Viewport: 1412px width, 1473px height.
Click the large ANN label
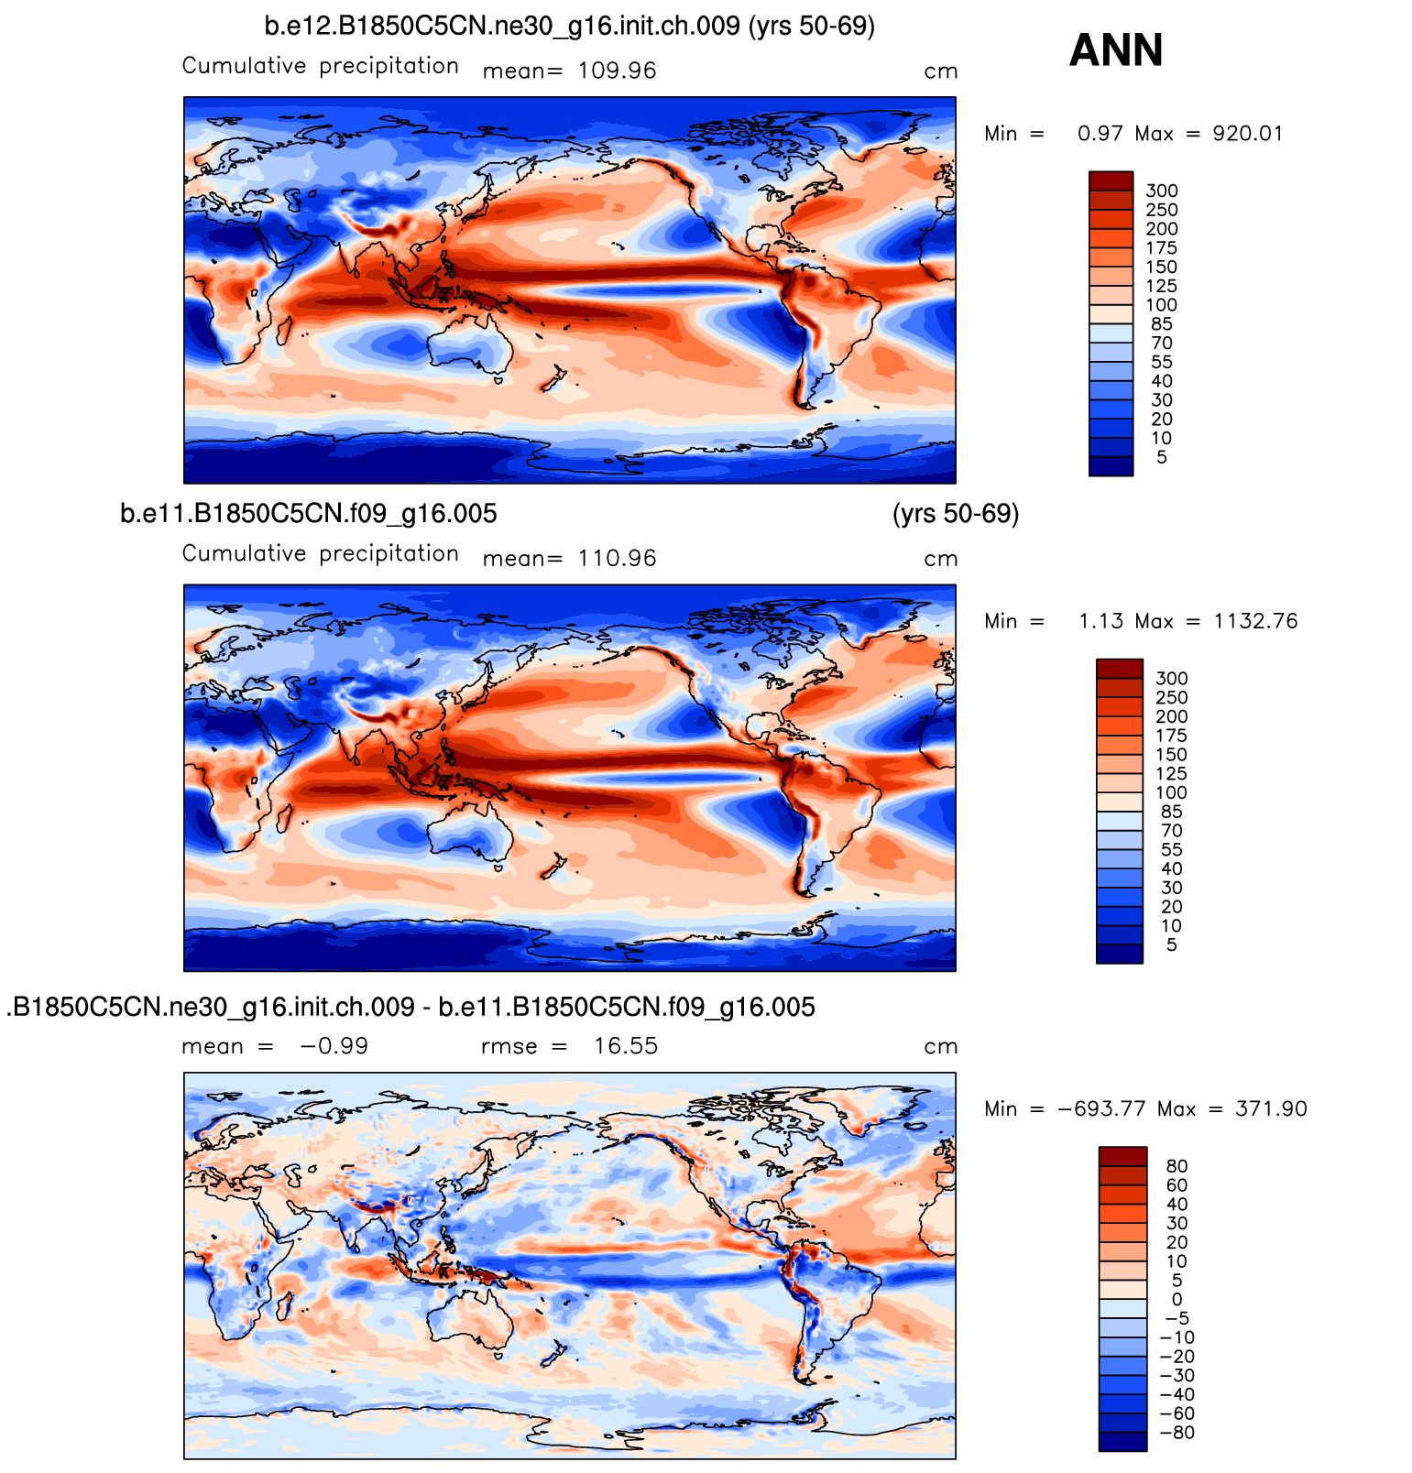coord(1115,50)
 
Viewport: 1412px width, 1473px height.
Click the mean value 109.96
coord(617,71)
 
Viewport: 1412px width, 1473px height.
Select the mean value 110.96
coord(617,559)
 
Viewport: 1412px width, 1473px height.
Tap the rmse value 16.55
coord(625,1046)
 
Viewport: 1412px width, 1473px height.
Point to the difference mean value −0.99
coord(334,1046)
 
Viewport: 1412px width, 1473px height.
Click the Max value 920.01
coord(1247,134)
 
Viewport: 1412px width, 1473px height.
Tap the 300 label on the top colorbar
coord(1162,191)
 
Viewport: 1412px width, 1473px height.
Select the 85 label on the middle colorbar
coord(1171,813)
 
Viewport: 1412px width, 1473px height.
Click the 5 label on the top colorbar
coord(1162,457)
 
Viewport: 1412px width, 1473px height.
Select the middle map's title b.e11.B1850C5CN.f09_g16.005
coord(309,514)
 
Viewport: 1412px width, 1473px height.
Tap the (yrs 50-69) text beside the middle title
coord(955,514)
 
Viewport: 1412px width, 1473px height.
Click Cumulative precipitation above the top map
coord(321,66)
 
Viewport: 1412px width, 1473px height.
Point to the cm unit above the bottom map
coord(940,1046)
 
